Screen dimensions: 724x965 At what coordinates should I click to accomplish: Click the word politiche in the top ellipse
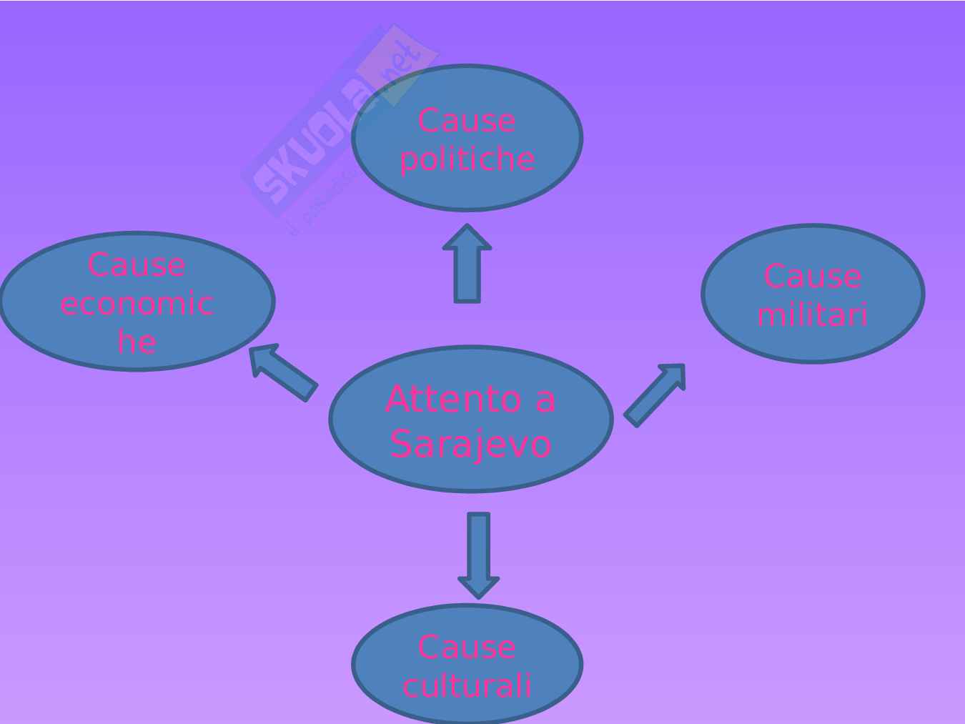coord(467,159)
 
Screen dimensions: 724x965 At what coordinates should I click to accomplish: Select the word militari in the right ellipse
coord(813,314)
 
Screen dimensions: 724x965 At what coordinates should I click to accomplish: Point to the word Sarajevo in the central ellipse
coord(471,444)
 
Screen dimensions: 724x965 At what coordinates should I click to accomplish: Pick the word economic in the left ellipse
coord(137,303)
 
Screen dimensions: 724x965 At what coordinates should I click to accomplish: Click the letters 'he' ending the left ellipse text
coord(137,341)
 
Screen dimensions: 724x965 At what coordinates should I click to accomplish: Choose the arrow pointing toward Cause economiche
coord(283,372)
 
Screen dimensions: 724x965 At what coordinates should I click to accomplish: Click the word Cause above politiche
coord(467,120)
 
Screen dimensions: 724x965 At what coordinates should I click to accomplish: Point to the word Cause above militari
coord(813,276)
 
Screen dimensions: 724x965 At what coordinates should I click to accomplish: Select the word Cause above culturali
coord(467,647)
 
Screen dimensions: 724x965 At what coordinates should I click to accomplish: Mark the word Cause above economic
coord(137,265)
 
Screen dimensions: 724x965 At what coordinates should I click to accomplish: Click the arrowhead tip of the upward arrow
coord(467,227)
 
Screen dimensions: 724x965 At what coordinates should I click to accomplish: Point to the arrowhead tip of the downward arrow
coord(478,596)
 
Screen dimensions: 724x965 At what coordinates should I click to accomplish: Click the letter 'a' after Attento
coord(545,398)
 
